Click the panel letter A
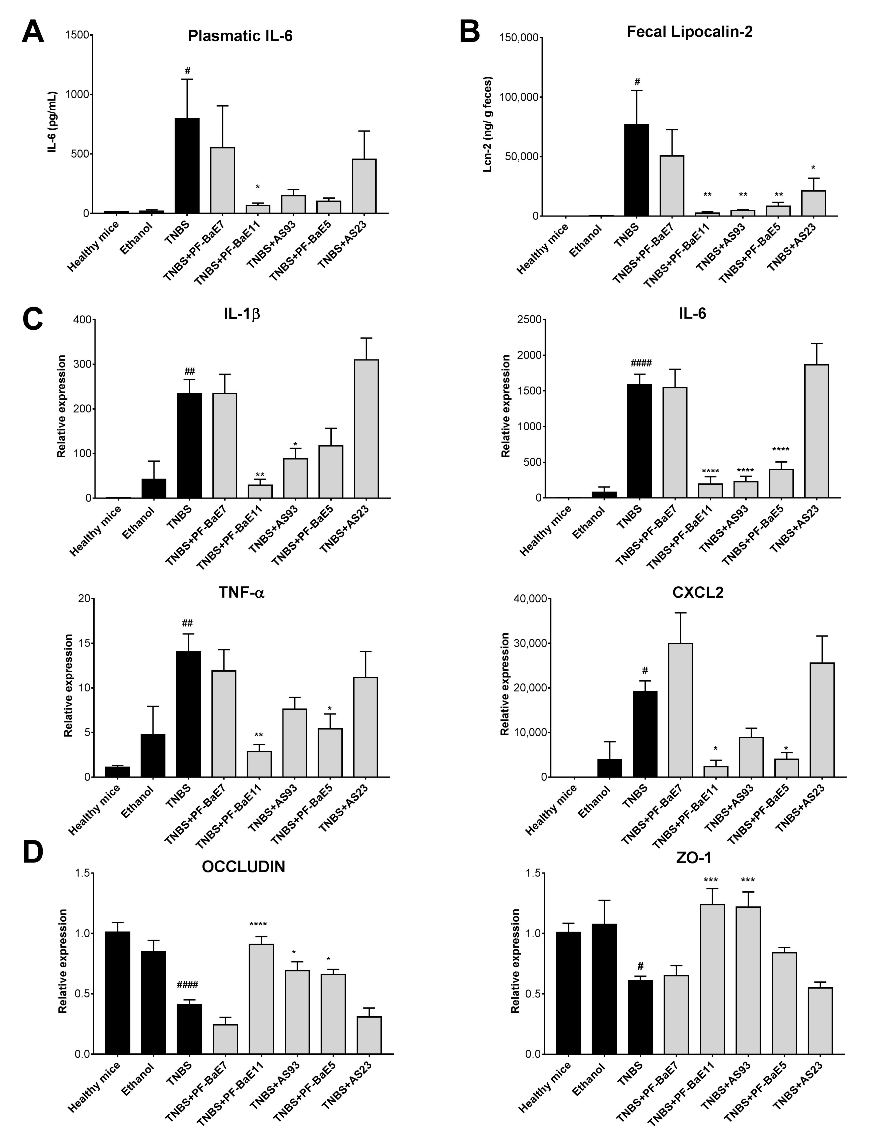coord(33,32)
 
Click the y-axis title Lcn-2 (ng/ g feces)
coord(488,124)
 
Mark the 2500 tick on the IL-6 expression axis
coord(530,320)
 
